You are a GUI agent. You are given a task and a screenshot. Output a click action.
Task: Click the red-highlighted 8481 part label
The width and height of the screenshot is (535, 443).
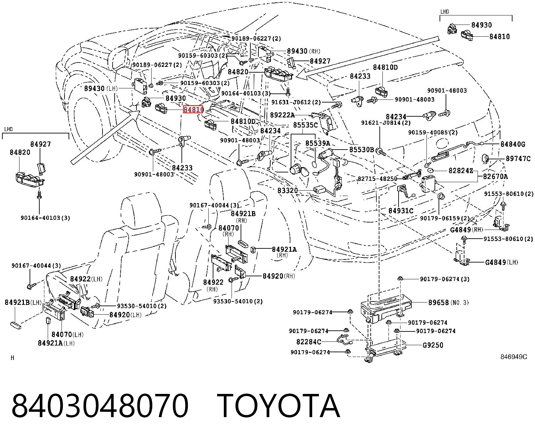pyautogui.click(x=193, y=110)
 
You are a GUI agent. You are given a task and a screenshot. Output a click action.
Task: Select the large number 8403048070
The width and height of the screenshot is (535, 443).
pyautogui.click(x=100, y=406)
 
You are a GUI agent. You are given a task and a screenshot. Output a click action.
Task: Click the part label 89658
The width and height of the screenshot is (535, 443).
pyautogui.click(x=439, y=303)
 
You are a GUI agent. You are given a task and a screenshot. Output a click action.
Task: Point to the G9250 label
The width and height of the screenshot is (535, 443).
pyautogui.click(x=433, y=345)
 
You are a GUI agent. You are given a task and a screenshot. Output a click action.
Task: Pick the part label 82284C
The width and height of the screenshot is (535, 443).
pyautogui.click(x=309, y=342)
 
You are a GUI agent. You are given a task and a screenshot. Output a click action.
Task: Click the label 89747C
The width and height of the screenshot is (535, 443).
pyautogui.click(x=518, y=159)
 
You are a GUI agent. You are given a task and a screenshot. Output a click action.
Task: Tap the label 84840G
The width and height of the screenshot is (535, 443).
pyautogui.click(x=513, y=144)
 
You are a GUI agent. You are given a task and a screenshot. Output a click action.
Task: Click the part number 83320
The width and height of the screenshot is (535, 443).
pyautogui.click(x=288, y=191)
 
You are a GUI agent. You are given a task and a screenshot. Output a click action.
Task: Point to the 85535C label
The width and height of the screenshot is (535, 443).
pyautogui.click(x=305, y=125)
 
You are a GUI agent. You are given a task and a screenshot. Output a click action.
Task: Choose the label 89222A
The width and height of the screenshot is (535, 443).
pyautogui.click(x=282, y=115)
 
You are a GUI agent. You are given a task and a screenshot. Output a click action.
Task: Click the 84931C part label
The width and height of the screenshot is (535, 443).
pyautogui.click(x=401, y=211)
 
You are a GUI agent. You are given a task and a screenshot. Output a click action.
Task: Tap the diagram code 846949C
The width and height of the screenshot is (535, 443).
pyautogui.click(x=514, y=357)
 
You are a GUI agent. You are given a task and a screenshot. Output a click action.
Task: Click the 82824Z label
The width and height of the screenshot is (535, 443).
pyautogui.click(x=461, y=170)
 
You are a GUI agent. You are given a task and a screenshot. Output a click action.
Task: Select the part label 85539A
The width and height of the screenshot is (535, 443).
pyautogui.click(x=318, y=143)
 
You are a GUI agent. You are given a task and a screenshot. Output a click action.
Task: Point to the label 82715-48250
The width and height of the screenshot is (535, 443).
pyautogui.click(x=377, y=178)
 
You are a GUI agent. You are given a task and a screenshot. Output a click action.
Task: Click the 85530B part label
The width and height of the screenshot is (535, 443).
pyautogui.click(x=362, y=149)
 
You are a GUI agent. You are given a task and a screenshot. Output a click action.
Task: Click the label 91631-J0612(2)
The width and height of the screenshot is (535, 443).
pyautogui.click(x=296, y=102)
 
